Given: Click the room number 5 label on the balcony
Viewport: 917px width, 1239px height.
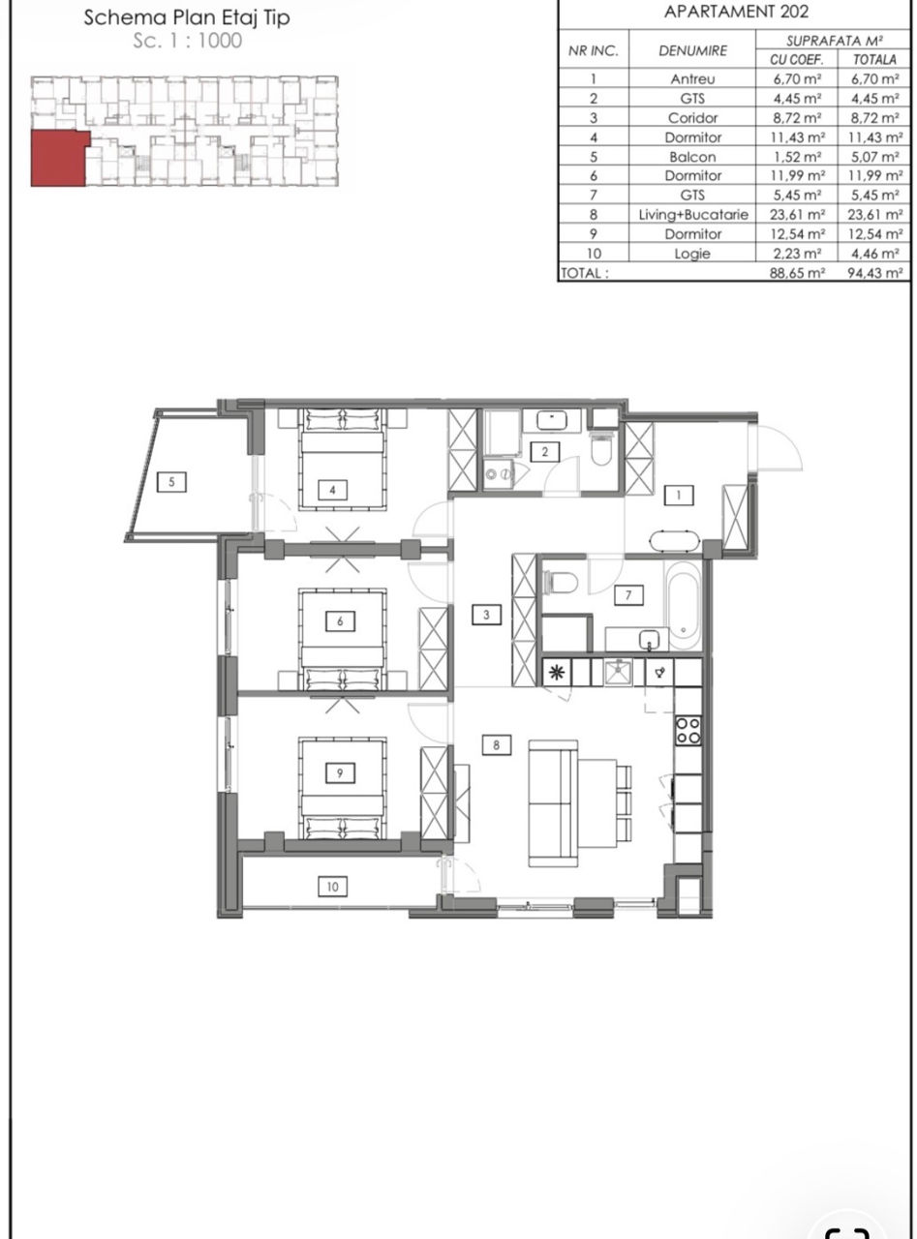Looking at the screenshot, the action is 171,481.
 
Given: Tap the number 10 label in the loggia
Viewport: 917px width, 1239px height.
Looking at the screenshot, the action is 332,886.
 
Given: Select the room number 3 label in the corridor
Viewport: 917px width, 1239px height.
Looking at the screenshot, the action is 485,615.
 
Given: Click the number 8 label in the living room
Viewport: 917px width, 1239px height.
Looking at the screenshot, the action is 496,744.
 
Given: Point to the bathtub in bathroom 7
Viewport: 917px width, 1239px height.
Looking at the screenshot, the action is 683,604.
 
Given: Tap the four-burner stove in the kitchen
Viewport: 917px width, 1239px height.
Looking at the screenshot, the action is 688,731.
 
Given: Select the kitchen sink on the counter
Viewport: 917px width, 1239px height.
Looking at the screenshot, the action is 618,672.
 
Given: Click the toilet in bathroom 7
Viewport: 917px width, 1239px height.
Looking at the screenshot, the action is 561,582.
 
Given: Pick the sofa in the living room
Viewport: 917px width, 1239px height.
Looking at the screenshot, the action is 552,803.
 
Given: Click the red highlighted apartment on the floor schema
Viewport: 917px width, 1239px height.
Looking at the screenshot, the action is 59,158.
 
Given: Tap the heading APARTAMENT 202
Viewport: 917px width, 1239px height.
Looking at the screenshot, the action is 735,12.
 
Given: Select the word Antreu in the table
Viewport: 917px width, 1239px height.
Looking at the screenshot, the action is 692,78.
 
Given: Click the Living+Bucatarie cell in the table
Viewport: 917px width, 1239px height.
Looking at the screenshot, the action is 693,214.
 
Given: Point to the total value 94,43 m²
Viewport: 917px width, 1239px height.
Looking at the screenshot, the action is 874,273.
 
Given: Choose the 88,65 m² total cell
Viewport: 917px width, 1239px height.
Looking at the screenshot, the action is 797,273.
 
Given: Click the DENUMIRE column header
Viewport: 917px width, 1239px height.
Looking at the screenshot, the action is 692,51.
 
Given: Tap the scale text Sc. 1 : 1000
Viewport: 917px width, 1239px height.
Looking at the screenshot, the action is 187,41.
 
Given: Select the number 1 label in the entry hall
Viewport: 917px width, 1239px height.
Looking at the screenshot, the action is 678,495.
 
